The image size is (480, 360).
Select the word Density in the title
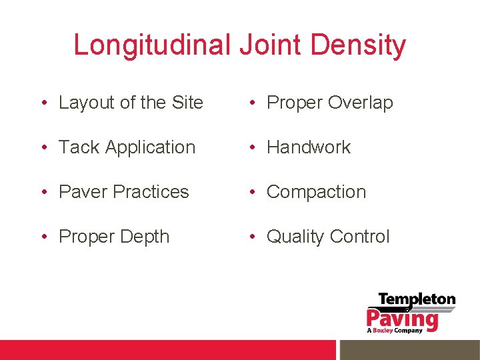click(x=358, y=45)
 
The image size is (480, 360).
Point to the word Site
click(x=187, y=103)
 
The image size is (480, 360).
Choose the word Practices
click(x=151, y=192)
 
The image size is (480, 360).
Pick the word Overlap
click(x=360, y=103)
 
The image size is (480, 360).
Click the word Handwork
click(x=309, y=147)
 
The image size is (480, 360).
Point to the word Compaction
click(x=317, y=192)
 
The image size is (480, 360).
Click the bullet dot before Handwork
click(x=253, y=148)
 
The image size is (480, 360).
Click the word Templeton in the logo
click(x=417, y=300)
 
